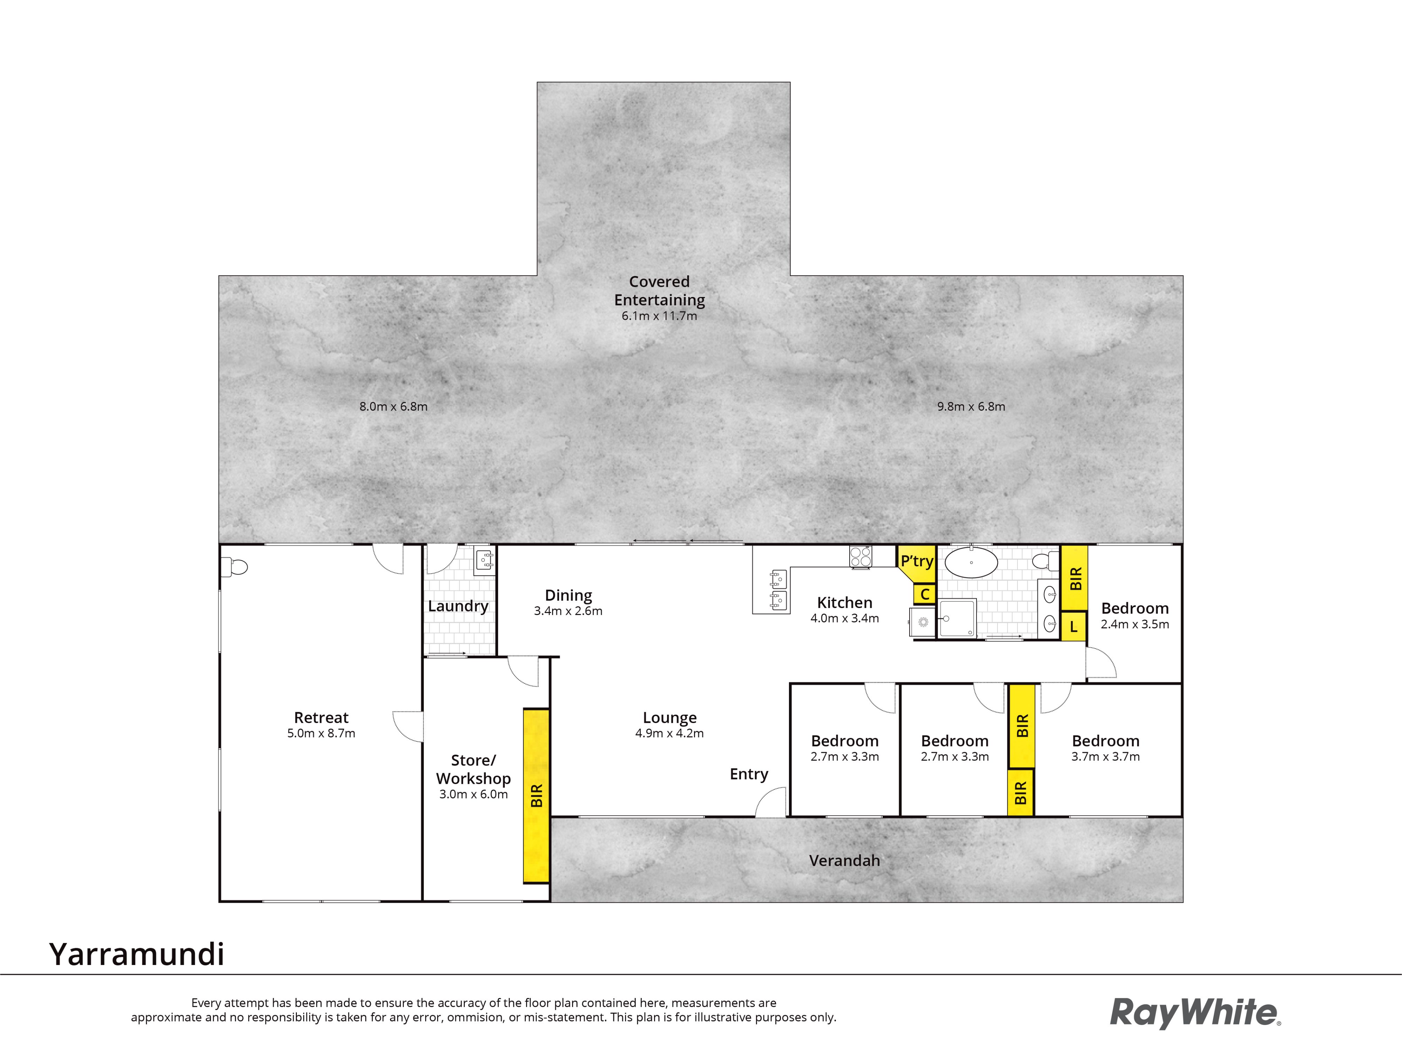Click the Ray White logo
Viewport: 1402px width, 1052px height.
(x=1195, y=1013)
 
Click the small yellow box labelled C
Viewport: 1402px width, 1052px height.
(x=925, y=594)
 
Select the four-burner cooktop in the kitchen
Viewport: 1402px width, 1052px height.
(x=860, y=557)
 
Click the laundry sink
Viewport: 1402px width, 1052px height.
(x=484, y=561)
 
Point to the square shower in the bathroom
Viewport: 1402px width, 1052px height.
(x=957, y=618)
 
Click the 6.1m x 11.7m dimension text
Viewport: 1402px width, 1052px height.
(x=659, y=316)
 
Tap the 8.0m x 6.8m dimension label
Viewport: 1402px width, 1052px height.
(x=394, y=406)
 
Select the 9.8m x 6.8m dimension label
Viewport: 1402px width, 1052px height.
(x=971, y=406)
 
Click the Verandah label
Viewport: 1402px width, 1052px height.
(x=844, y=861)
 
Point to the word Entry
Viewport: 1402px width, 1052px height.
(x=749, y=774)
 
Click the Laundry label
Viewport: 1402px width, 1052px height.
(x=458, y=606)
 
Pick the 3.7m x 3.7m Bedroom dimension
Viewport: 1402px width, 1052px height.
(x=1105, y=756)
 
